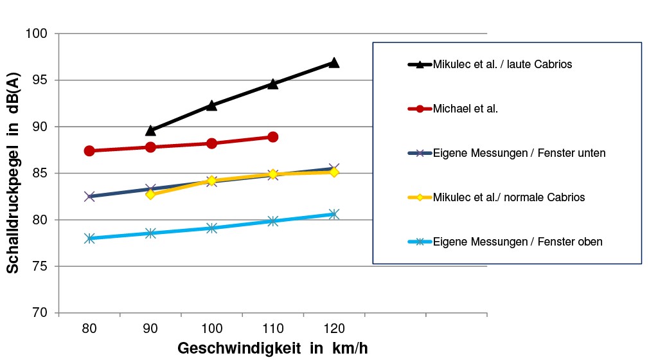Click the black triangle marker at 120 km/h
[x=333, y=62]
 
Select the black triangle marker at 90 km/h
[x=150, y=130]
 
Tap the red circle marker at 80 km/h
[x=89, y=150]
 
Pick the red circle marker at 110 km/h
[x=272, y=137]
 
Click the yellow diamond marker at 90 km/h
[x=150, y=194]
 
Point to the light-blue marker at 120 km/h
[x=333, y=214]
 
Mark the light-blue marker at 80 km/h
[x=89, y=239]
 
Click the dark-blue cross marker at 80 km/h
[x=89, y=196]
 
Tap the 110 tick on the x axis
[x=272, y=328]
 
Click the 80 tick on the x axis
[x=89, y=328]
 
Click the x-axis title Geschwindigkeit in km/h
[x=272, y=348]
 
